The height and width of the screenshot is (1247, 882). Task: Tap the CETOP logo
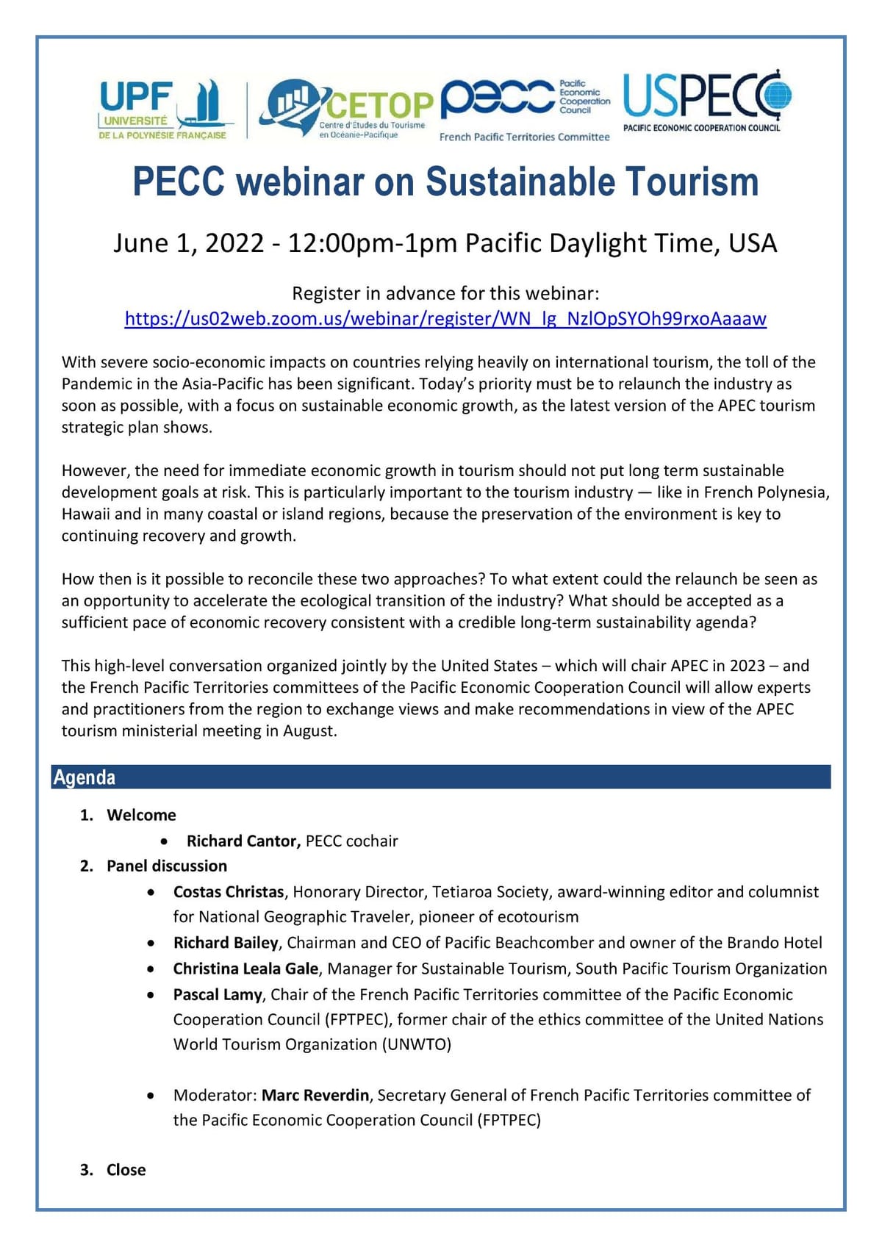click(345, 109)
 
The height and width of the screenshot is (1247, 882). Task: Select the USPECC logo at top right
click(706, 101)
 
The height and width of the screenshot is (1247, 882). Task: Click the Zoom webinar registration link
click(445, 319)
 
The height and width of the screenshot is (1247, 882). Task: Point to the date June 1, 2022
click(188, 243)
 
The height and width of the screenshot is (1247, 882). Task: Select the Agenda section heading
click(85, 777)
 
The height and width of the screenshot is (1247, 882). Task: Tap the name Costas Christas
click(229, 892)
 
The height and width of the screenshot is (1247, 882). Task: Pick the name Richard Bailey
click(226, 943)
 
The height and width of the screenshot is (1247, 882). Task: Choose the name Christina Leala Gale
click(245, 969)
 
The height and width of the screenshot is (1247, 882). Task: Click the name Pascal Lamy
click(218, 994)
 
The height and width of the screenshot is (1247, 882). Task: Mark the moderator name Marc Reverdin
click(315, 1095)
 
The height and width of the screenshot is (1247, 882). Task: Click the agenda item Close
click(126, 1170)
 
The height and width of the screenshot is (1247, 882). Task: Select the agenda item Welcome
click(141, 815)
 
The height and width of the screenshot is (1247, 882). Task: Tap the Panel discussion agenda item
click(167, 866)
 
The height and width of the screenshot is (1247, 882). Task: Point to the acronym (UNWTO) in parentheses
click(416, 1044)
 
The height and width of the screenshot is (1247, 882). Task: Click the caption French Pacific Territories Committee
click(524, 137)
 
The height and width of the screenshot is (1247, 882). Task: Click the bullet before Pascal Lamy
click(151, 995)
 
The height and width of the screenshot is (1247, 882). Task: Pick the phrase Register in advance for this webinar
click(445, 294)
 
